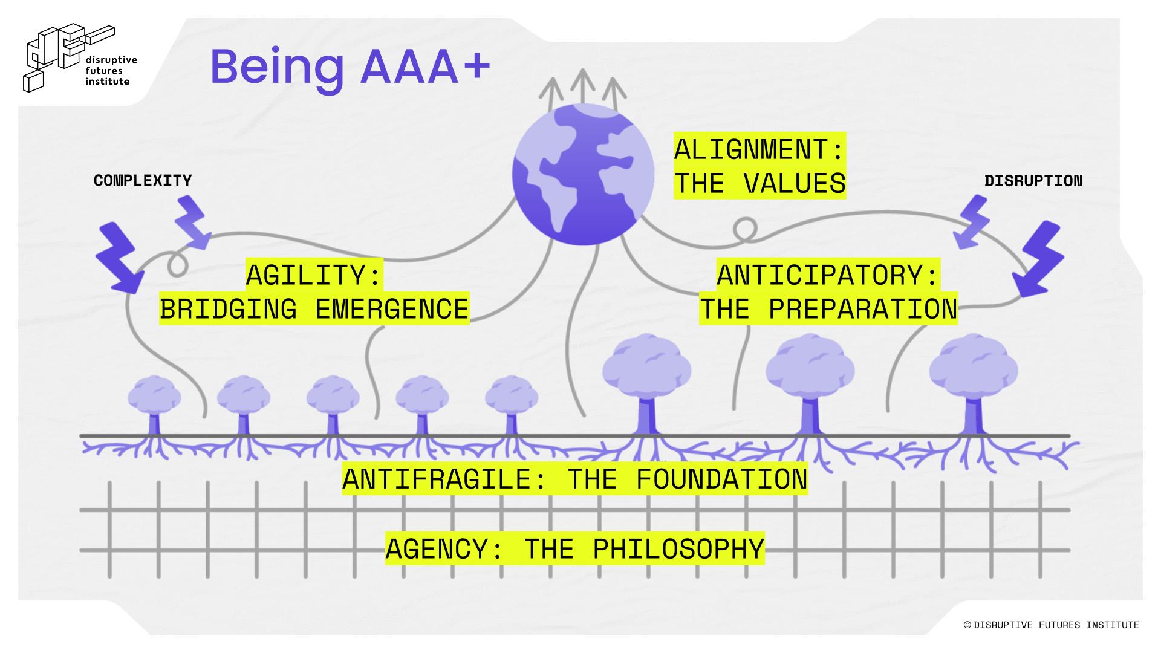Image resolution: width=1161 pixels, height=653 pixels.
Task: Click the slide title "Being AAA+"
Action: pyautogui.click(x=350, y=67)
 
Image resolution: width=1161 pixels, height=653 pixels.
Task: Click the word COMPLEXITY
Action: pyautogui.click(x=143, y=180)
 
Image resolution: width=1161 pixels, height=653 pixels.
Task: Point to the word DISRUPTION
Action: pyautogui.click(x=1033, y=181)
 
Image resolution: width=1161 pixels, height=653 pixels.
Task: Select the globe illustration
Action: pyautogui.click(x=583, y=174)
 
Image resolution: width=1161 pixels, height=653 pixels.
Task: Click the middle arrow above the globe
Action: pyautogui.click(x=583, y=85)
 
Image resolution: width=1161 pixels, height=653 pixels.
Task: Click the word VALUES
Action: pyautogui.click(x=794, y=183)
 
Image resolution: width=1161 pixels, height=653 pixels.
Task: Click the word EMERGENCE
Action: pyautogui.click(x=392, y=309)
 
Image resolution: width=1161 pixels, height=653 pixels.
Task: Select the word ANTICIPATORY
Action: pyautogui.click(x=820, y=275)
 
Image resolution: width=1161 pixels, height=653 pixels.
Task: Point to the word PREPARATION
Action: pyautogui.click(x=862, y=309)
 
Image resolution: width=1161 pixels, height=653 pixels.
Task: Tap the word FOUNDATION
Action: pyautogui.click(x=721, y=479)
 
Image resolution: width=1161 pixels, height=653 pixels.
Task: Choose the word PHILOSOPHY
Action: pyautogui.click(x=678, y=548)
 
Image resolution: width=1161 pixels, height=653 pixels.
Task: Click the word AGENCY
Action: pyautogui.click(x=437, y=548)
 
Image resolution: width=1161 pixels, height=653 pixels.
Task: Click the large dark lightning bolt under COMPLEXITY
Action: pyautogui.click(x=121, y=257)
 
